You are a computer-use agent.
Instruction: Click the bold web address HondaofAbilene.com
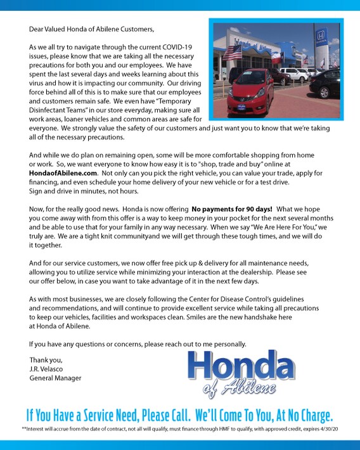[x=63, y=172]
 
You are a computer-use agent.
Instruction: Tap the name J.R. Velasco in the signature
[x=48, y=369]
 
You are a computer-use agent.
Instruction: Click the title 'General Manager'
[x=55, y=378]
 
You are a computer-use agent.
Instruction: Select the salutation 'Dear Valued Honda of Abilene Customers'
[x=91, y=29]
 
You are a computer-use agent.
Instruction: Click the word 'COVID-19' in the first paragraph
[x=180, y=47]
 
